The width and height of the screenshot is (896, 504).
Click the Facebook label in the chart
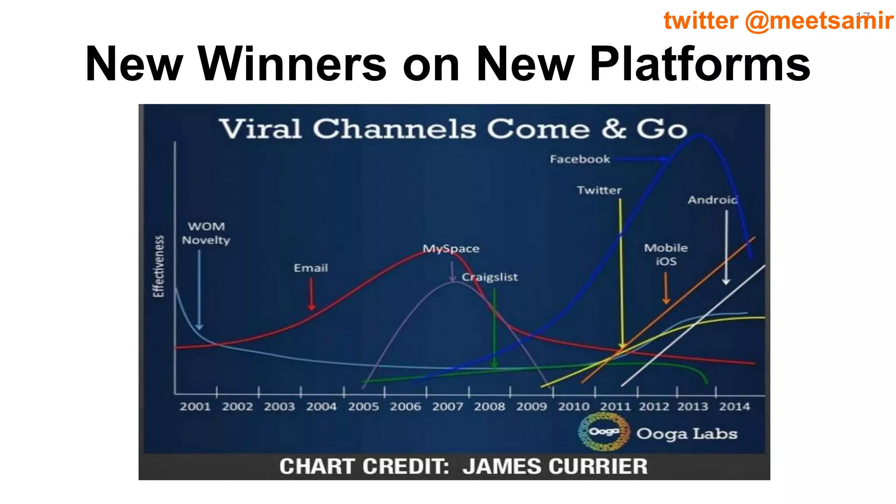580,159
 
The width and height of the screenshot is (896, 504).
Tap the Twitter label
599,190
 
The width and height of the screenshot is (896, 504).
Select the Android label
712,200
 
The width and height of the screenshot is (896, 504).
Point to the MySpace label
451,248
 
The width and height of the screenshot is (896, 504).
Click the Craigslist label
490,277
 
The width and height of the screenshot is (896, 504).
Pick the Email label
311,268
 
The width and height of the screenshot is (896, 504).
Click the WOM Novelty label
206,233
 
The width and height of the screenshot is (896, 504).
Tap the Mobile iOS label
666,254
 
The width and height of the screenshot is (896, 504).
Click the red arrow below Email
311,294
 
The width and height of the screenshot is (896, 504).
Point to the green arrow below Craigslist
494,328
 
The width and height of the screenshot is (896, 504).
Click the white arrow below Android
726,248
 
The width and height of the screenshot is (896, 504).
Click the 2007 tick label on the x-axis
448,406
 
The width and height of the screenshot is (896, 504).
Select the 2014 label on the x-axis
734,406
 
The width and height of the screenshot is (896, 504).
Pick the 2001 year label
195,406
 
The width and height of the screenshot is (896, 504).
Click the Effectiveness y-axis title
159,266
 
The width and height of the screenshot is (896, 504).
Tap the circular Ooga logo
604,432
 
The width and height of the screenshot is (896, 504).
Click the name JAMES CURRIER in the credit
555,466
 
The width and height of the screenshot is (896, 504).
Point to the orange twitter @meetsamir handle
778,21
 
